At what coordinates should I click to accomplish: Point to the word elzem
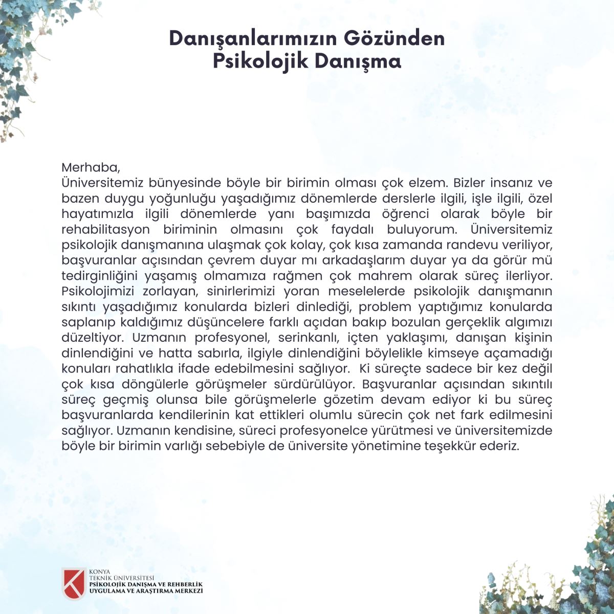click(429, 183)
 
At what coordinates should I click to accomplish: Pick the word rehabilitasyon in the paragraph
click(105, 229)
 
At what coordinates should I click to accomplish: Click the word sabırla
click(221, 353)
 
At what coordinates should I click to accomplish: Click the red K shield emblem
click(73, 583)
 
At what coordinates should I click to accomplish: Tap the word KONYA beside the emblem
click(99, 572)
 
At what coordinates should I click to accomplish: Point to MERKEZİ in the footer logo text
click(189, 590)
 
